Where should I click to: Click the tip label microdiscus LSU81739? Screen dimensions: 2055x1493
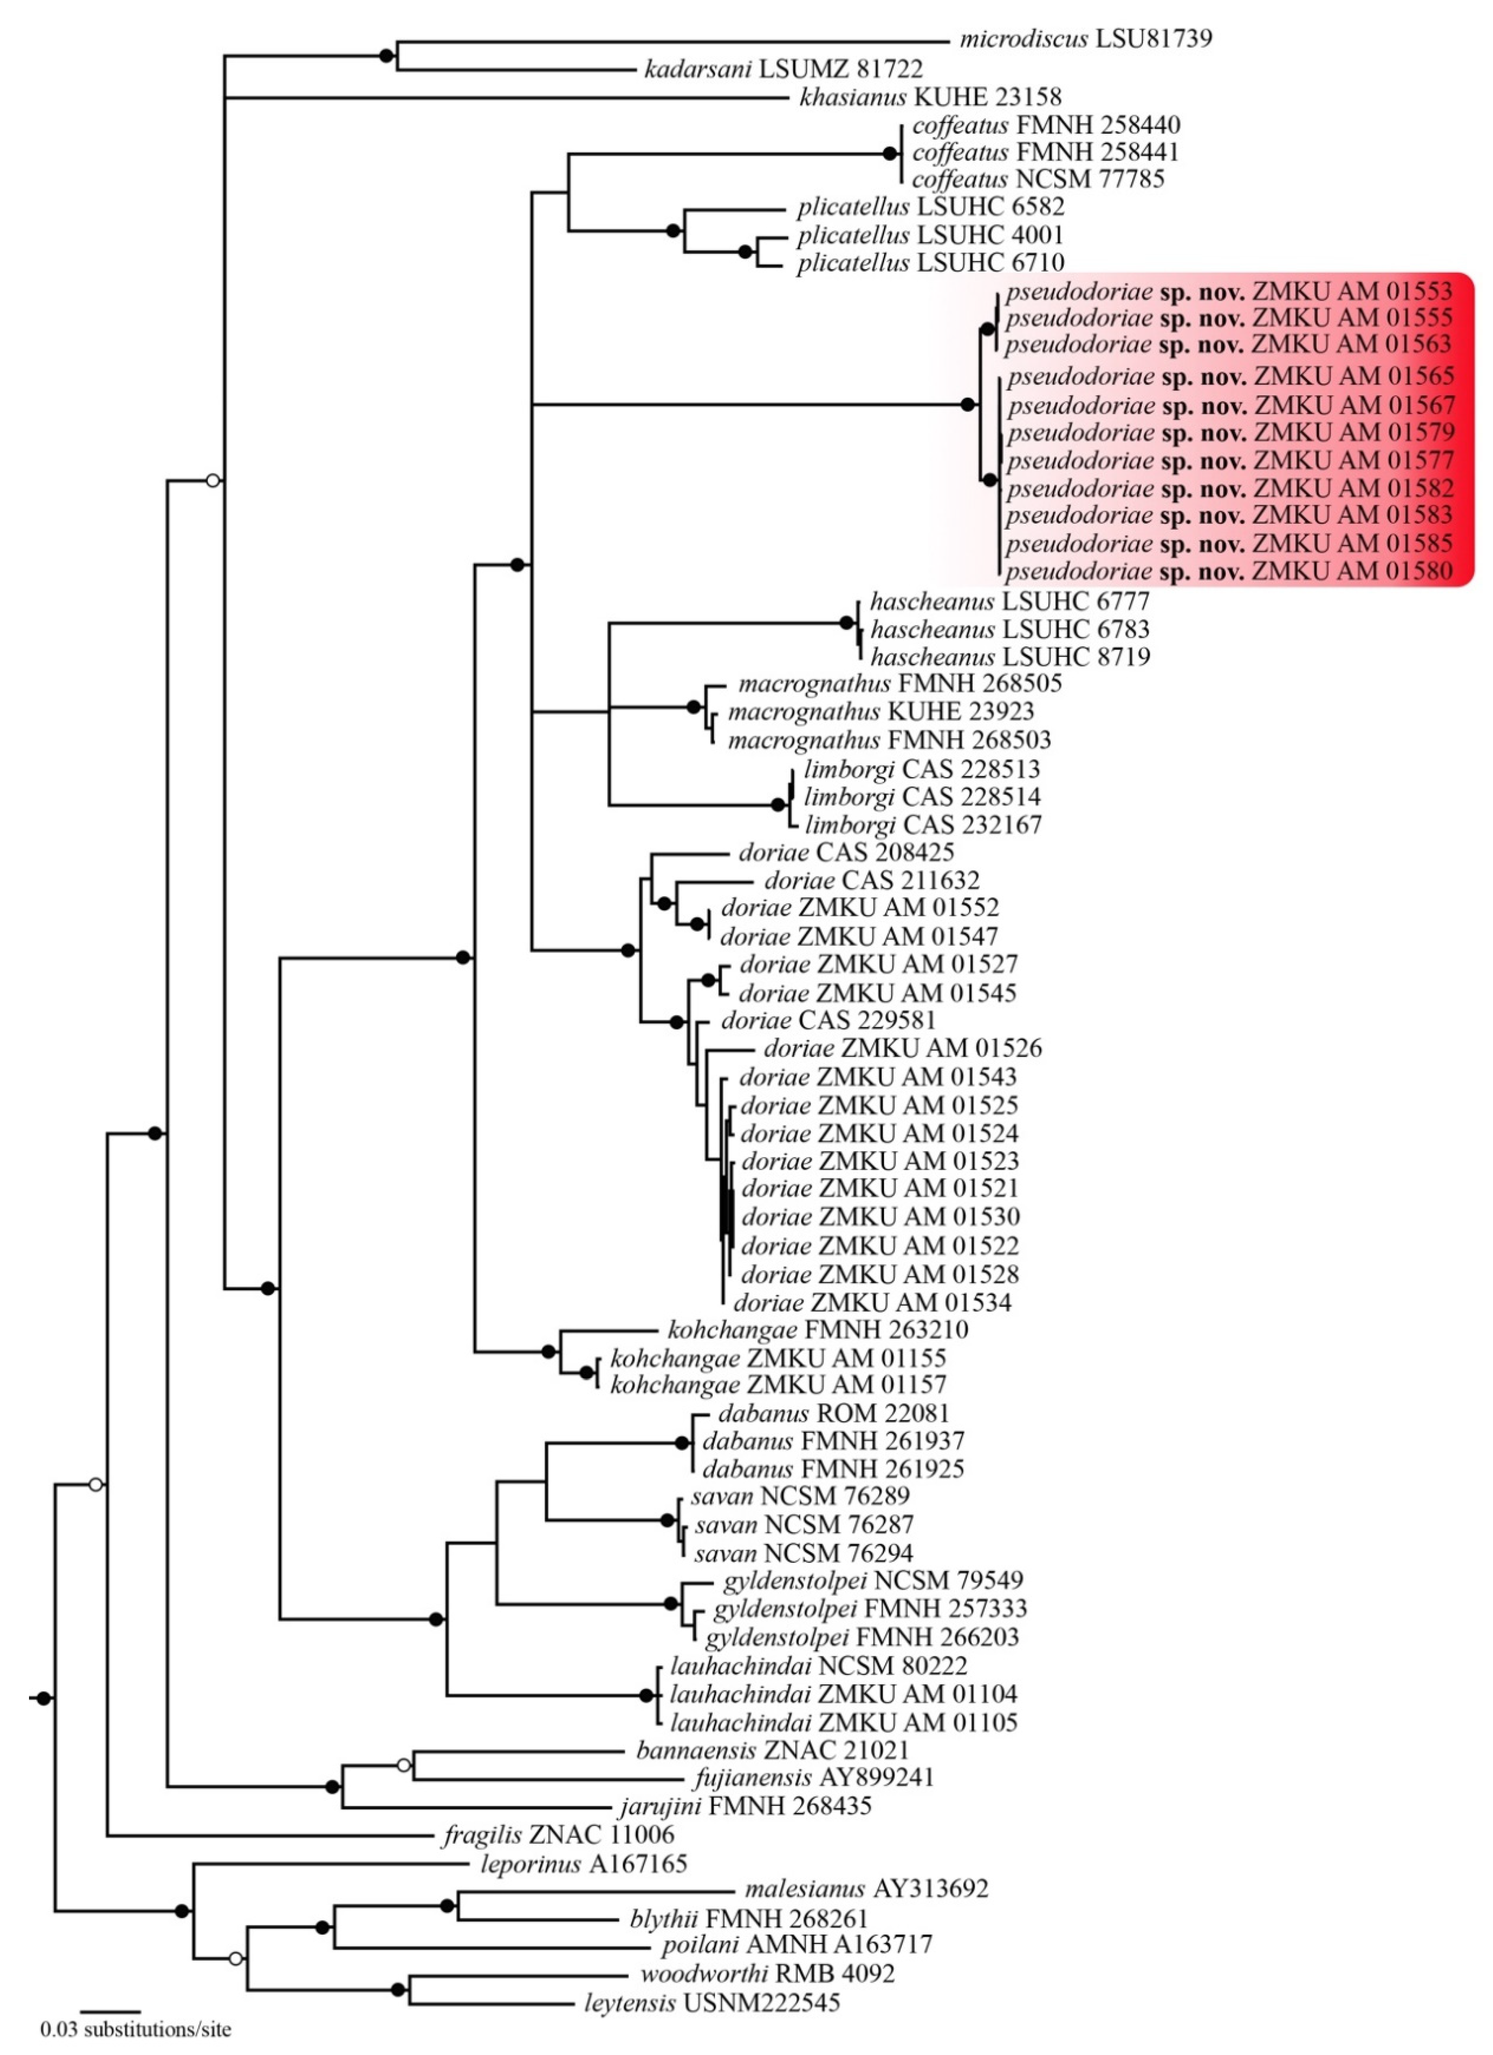(x=1085, y=39)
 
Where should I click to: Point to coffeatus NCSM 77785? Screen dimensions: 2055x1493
(x=1038, y=179)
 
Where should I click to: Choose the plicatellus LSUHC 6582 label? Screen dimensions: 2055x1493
(x=930, y=207)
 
